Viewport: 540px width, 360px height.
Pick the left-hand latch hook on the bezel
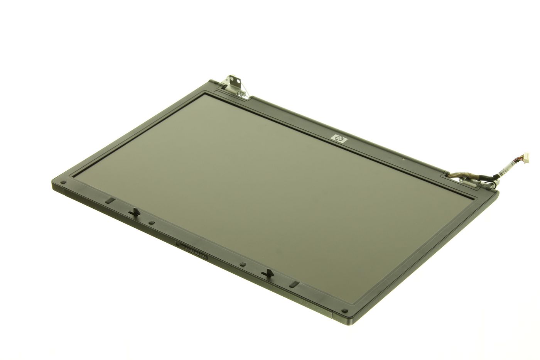click(134, 212)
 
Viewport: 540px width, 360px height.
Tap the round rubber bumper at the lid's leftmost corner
click(63, 183)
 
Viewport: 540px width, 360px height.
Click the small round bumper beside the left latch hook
click(151, 223)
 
